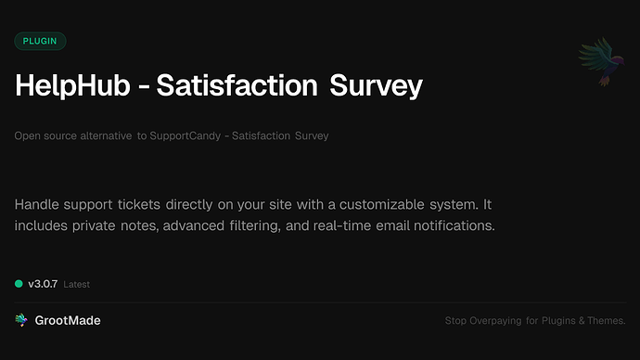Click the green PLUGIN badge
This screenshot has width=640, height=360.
click(x=40, y=41)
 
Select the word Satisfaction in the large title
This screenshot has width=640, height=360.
click(x=237, y=86)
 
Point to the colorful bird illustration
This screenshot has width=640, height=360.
click(x=598, y=63)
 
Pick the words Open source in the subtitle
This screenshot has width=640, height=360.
click(x=42, y=136)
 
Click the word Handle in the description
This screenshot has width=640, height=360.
click(x=38, y=203)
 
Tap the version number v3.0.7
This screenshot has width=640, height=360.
click(x=43, y=283)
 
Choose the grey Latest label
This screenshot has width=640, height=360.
click(x=77, y=284)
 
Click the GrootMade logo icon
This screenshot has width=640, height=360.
click(x=20, y=320)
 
